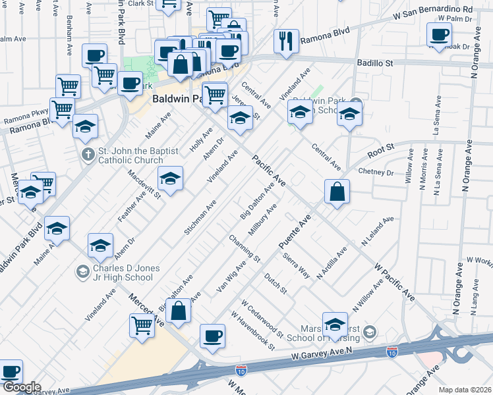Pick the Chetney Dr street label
[375, 172]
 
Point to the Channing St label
[245, 247]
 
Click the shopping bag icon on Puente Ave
[337, 192]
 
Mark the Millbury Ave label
[262, 221]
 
